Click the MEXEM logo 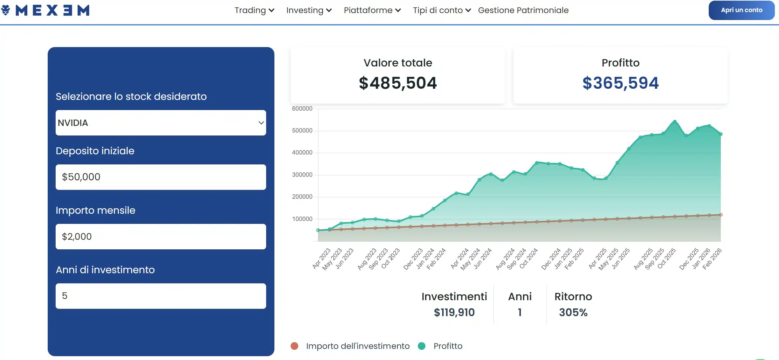46,10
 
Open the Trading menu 254,10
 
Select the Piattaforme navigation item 372,10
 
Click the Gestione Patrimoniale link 523,10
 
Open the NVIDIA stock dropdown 161,123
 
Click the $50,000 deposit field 161,177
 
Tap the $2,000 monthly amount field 161,236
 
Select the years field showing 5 161,296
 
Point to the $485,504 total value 398,83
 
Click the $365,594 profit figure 620,83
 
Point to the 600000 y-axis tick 302,108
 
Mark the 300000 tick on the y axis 302,175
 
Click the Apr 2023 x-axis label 321,259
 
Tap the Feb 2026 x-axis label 712,259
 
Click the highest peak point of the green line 675,121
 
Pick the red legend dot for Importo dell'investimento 294,346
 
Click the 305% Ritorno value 573,312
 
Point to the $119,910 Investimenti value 454,312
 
